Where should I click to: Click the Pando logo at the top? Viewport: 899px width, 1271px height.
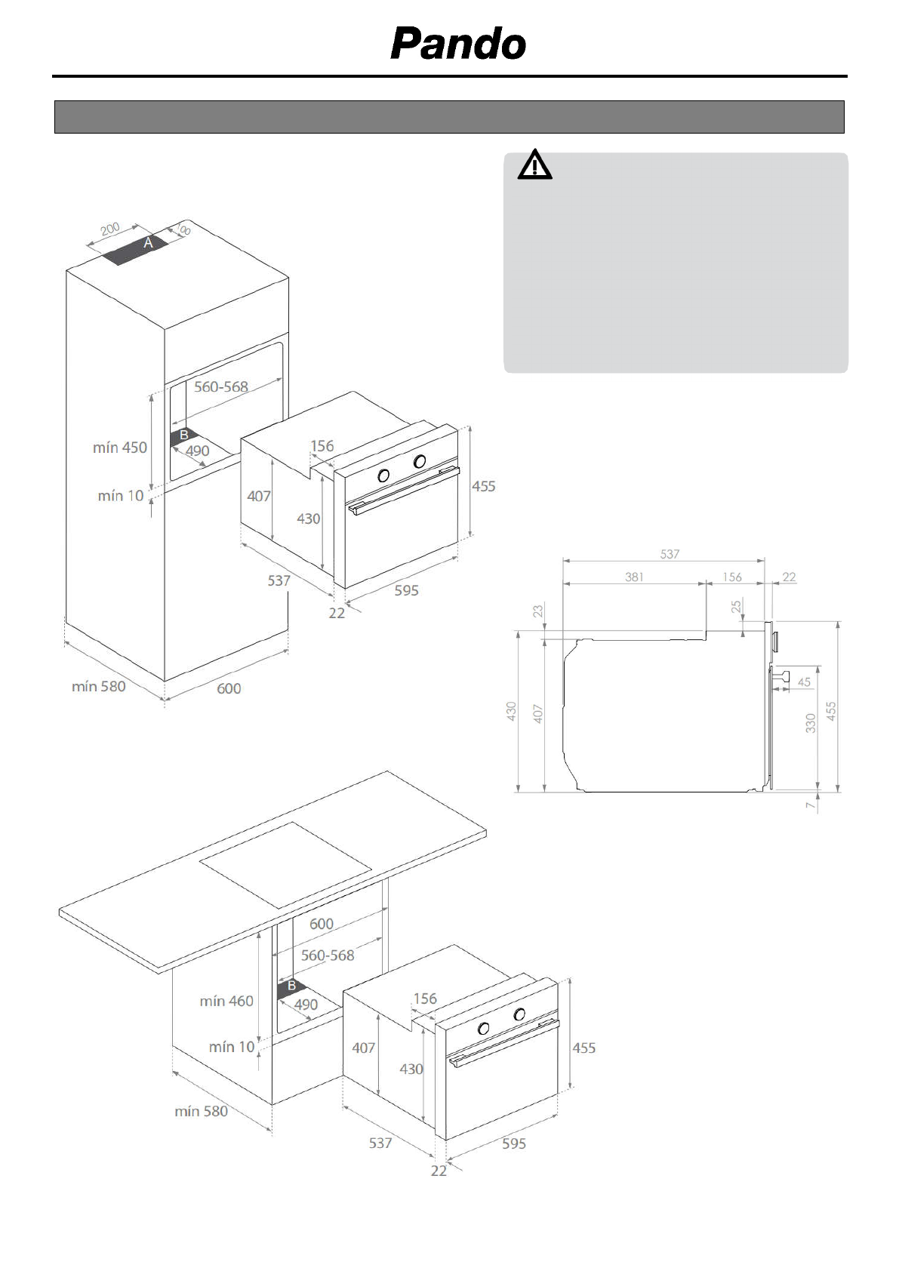point(458,44)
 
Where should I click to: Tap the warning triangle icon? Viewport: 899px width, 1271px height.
point(534,165)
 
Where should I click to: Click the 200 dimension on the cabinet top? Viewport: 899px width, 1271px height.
point(110,229)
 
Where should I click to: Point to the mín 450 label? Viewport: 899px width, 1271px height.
point(120,448)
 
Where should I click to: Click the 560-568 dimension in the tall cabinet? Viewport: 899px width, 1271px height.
point(220,386)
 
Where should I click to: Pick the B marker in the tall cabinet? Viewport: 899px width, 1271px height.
point(183,435)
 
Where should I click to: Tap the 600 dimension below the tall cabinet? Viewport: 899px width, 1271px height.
point(229,688)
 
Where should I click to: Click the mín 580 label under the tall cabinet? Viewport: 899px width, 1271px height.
point(99,686)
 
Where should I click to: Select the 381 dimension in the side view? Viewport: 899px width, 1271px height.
point(634,577)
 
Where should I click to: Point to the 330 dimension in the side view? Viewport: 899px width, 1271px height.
point(811,723)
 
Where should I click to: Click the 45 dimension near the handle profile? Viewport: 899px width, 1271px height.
point(804,682)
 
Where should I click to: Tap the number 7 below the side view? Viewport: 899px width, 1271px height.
point(811,805)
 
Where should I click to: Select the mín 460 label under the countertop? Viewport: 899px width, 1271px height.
point(226,1001)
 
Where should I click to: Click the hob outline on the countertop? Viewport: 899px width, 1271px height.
point(287,864)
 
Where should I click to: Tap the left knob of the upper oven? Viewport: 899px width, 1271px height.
point(383,475)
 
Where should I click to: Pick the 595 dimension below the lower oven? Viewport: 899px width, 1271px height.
point(513,1143)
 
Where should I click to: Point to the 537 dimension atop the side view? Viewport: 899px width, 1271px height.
point(670,554)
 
